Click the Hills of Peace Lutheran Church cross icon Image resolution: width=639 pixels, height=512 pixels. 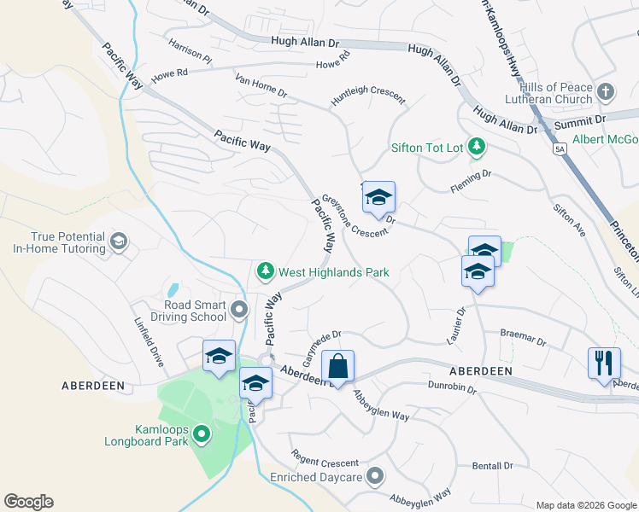tap(606, 91)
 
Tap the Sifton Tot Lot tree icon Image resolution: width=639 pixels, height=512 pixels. tap(476, 147)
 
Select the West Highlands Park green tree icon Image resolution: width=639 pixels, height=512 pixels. tap(266, 271)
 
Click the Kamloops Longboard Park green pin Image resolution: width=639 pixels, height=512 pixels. tap(202, 434)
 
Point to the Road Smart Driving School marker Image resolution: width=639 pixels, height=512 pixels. tap(239, 308)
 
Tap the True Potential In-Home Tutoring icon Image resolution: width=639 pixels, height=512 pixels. tap(119, 243)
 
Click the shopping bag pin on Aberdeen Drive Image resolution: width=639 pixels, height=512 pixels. tap(338, 367)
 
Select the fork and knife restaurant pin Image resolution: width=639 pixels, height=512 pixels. tap(604, 363)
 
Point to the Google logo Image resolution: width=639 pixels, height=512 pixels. tap(28, 502)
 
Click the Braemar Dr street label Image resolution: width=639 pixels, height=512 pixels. tap(523, 336)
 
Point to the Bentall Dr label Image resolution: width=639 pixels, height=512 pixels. tap(492, 466)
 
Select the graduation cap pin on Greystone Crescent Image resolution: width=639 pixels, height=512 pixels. tap(378, 198)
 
